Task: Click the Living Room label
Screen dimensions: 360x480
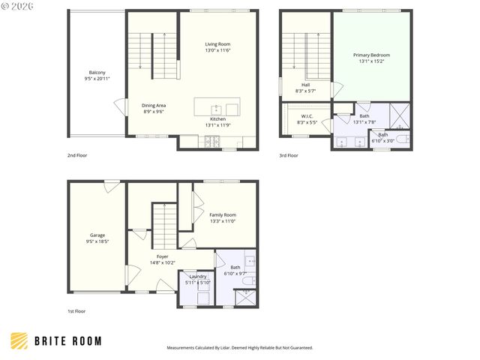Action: [x=217, y=44]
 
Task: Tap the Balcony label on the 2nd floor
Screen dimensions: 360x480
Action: [x=98, y=73]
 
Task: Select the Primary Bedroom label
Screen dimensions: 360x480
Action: [x=371, y=55]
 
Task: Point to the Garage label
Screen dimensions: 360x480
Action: [x=97, y=235]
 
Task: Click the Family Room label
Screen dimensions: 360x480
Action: [x=222, y=214]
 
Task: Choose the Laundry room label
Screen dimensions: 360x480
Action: [x=198, y=276]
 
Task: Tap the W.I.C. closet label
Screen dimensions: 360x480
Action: [x=307, y=116]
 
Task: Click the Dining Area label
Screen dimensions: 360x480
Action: [x=153, y=105]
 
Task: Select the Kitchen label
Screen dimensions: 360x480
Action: [x=217, y=119]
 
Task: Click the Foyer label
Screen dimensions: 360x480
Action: [x=162, y=256]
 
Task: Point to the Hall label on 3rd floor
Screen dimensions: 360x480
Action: [x=306, y=85]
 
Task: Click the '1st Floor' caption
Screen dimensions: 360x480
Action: [x=76, y=310]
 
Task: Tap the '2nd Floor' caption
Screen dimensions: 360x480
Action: [x=76, y=155]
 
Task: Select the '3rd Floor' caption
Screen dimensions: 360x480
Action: [x=289, y=155]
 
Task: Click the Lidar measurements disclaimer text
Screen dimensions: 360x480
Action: [x=239, y=348]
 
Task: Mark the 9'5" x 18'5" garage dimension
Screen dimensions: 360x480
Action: [x=97, y=241]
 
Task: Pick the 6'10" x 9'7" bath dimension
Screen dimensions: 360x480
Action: [x=235, y=274]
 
